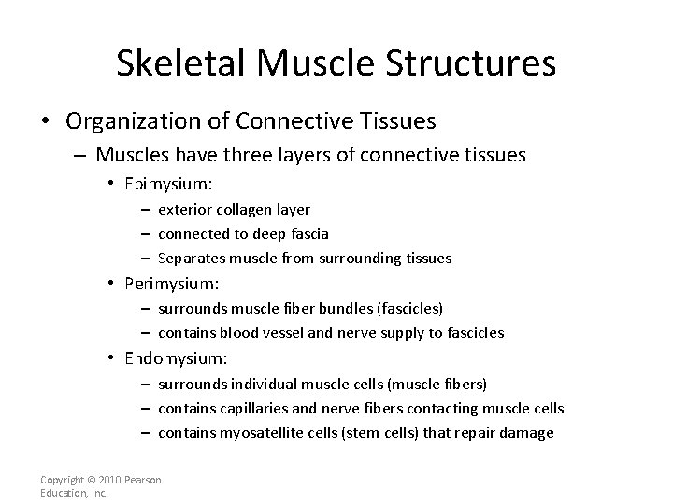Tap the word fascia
coord(307,233)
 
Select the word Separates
coord(191,258)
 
